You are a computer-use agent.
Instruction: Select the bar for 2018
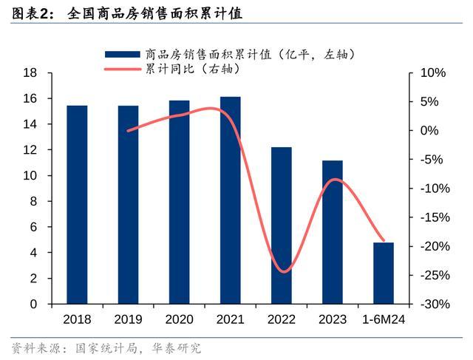pyautogui.click(x=77, y=205)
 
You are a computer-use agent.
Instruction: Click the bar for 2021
pyautogui.click(x=230, y=200)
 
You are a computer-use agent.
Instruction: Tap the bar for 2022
pyautogui.click(x=282, y=225)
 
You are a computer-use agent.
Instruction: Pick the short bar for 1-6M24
pyautogui.click(x=384, y=273)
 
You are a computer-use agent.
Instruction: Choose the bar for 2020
pyautogui.click(x=179, y=202)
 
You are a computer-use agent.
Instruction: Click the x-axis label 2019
pyautogui.click(x=128, y=319)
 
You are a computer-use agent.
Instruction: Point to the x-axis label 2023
pyautogui.click(x=333, y=319)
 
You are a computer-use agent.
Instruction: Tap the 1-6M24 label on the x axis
pyautogui.click(x=384, y=319)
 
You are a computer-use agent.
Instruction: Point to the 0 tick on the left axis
pyautogui.click(x=33, y=304)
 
